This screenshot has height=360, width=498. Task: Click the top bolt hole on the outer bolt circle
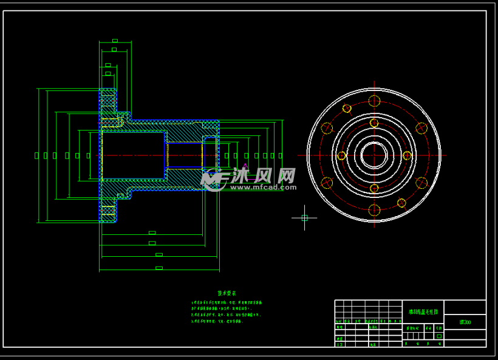[374, 101]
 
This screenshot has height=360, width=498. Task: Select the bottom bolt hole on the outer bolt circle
[374, 210]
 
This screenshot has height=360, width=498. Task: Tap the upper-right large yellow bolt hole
[421, 128]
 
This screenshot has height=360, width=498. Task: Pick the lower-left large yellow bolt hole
[327, 183]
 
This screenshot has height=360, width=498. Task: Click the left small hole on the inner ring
[341, 155]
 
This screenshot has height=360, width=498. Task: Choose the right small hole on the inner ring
[407, 155]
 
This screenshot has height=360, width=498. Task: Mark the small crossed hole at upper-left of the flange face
[347, 109]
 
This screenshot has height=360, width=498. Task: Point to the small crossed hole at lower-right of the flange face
[401, 203]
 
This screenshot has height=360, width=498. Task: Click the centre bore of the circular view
[374, 155]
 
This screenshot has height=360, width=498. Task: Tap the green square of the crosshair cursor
[304, 217]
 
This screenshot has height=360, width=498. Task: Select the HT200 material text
[465, 322]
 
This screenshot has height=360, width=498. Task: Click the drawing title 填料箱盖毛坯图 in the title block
[423, 311]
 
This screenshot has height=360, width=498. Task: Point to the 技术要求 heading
[227, 293]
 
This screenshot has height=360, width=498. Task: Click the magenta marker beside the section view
[245, 165]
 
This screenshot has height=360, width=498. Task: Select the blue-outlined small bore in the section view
[185, 155]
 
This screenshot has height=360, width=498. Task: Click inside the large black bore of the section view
[134, 155]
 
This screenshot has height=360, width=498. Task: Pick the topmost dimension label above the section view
[115, 41]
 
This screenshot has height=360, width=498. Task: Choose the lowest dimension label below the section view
[159, 268]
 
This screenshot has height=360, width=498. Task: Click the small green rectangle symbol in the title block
[438, 336]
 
